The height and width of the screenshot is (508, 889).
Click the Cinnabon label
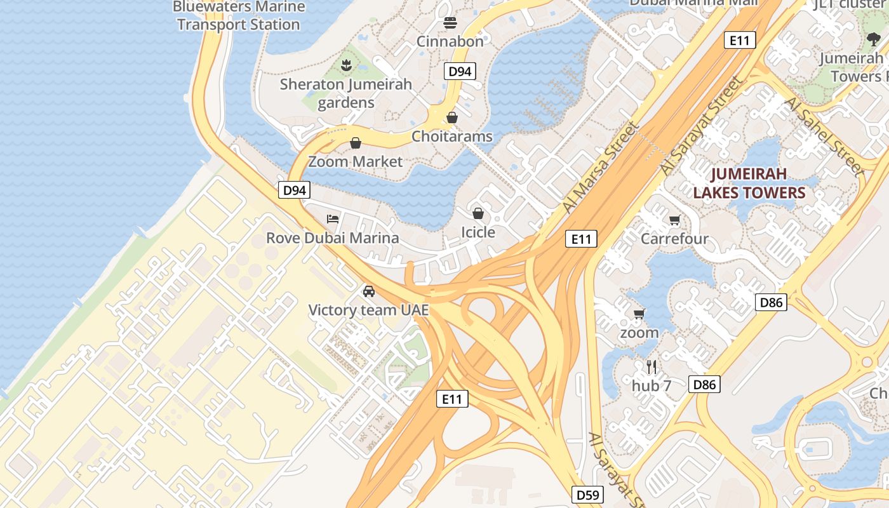(x=450, y=41)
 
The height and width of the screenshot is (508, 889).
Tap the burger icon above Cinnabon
(x=450, y=23)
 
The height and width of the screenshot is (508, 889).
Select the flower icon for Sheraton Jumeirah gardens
(x=346, y=65)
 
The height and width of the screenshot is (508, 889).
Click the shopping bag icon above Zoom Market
(x=356, y=143)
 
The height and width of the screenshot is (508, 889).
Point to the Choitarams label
(x=451, y=137)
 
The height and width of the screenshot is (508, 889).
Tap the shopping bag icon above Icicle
(x=478, y=213)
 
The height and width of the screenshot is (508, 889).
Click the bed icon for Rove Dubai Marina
(x=333, y=219)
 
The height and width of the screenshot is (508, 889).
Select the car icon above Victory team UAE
(x=368, y=291)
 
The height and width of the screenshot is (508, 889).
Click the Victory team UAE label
(x=368, y=311)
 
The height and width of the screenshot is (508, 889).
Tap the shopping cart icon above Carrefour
(x=674, y=220)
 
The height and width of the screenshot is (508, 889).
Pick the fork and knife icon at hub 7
(x=651, y=366)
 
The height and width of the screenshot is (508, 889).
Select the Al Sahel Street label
(x=824, y=137)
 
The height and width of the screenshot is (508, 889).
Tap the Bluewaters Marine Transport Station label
(x=238, y=16)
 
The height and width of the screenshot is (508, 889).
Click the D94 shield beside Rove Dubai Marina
(x=295, y=190)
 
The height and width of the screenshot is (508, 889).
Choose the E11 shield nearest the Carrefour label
(x=581, y=239)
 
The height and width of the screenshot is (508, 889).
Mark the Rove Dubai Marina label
(x=332, y=238)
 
